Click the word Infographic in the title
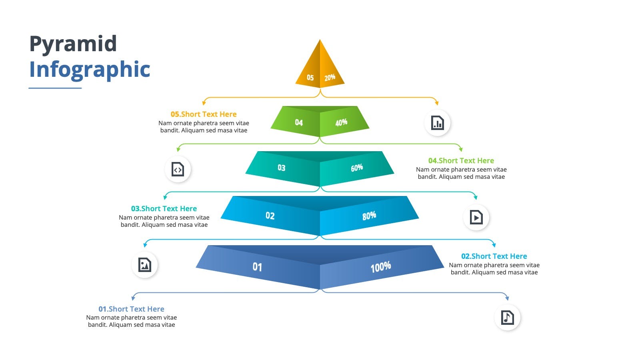[x=90, y=70]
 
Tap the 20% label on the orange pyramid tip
[x=330, y=77]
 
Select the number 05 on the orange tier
[x=310, y=78]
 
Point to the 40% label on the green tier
[x=341, y=122]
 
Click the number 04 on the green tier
[x=299, y=122]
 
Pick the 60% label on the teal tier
[x=357, y=168]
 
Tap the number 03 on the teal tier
[x=282, y=168]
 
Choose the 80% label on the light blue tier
[x=369, y=216]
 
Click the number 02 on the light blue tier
[x=270, y=216]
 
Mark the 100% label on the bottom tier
[x=380, y=267]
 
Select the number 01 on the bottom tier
[x=257, y=267]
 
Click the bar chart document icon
[x=438, y=123]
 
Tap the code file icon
[x=178, y=170]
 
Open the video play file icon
[x=476, y=218]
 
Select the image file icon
[x=144, y=265]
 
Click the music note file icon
[x=508, y=318]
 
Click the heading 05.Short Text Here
[x=204, y=114]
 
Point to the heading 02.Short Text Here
[x=494, y=256]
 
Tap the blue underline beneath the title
[x=55, y=88]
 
